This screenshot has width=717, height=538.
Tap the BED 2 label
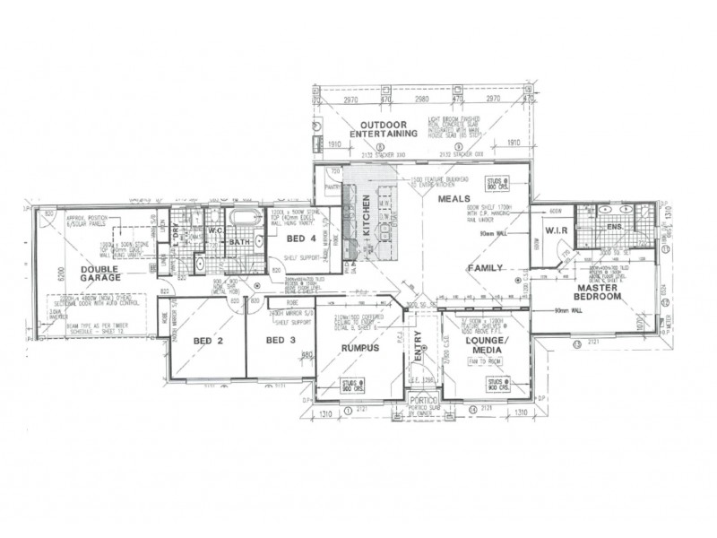(x=208, y=341)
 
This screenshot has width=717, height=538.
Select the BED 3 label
(x=280, y=341)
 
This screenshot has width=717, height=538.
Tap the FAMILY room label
(x=484, y=268)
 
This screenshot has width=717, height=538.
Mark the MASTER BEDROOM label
(x=598, y=291)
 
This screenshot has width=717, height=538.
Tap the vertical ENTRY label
(x=417, y=346)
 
